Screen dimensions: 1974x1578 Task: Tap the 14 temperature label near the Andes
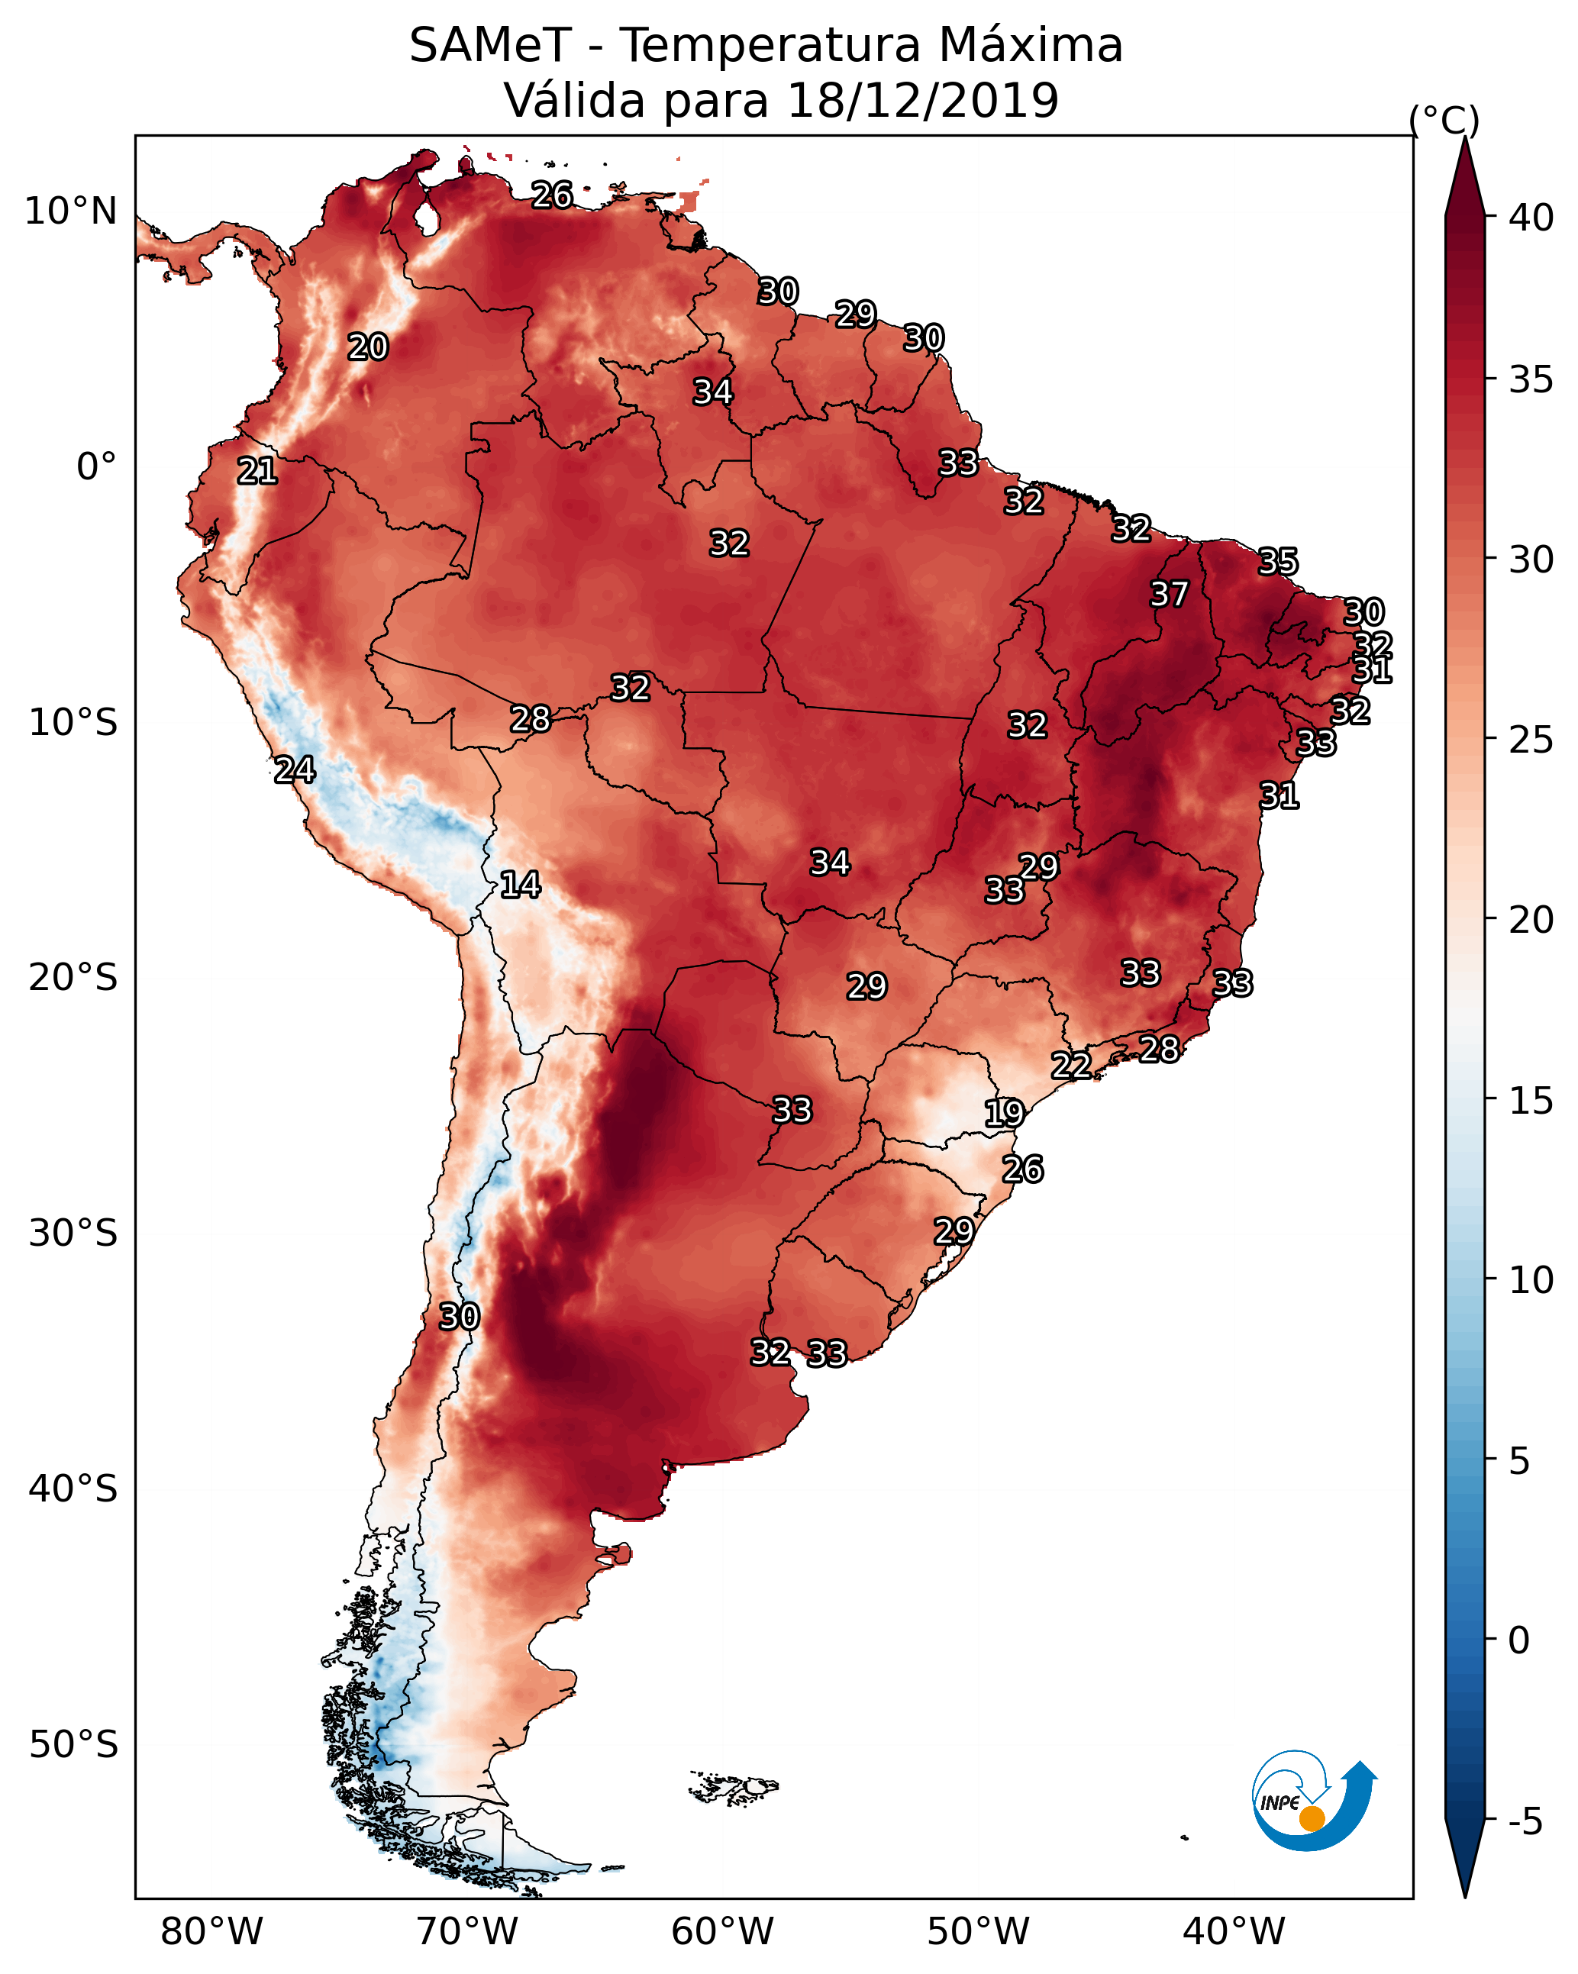pyautogui.click(x=520, y=885)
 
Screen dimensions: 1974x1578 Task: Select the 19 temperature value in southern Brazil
pyautogui.click(x=1004, y=1114)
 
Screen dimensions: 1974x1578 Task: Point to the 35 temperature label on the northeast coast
pyautogui.click(x=1278, y=561)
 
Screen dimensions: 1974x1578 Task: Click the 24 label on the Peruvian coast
pyautogui.click(x=295, y=770)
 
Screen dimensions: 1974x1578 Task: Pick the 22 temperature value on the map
pyautogui.click(x=1070, y=1066)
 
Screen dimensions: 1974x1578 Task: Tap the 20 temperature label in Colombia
pyautogui.click(x=368, y=347)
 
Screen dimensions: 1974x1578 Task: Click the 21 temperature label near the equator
pyautogui.click(x=257, y=472)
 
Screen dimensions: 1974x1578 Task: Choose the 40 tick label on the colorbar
pyautogui.click(x=1531, y=218)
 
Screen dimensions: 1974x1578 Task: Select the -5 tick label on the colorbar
pyautogui.click(x=1524, y=1822)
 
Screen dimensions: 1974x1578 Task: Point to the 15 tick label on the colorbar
pyautogui.click(x=1531, y=1101)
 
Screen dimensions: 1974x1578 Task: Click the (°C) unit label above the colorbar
pyautogui.click(x=1444, y=120)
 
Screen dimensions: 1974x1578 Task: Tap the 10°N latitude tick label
pyautogui.click(x=70, y=211)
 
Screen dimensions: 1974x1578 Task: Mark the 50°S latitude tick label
pyautogui.click(x=73, y=1744)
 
